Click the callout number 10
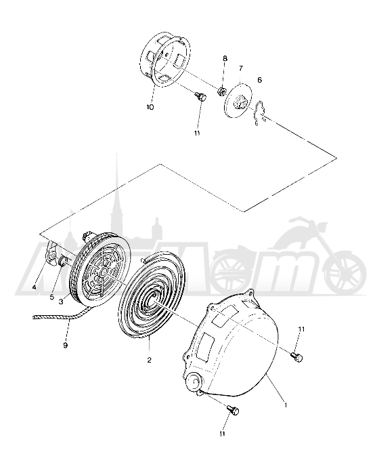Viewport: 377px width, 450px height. (150, 107)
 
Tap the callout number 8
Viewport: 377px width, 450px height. (225, 58)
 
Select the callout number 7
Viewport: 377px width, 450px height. (241, 68)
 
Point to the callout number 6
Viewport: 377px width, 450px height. (259, 80)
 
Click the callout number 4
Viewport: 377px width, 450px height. (35, 287)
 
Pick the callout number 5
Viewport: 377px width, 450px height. (52, 297)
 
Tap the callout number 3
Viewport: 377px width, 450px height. (61, 302)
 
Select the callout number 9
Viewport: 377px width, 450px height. (66, 346)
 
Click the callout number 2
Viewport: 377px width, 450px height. (150, 360)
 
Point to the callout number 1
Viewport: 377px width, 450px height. (286, 405)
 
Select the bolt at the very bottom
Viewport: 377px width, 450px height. (233, 410)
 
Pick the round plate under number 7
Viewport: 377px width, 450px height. (238, 100)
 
